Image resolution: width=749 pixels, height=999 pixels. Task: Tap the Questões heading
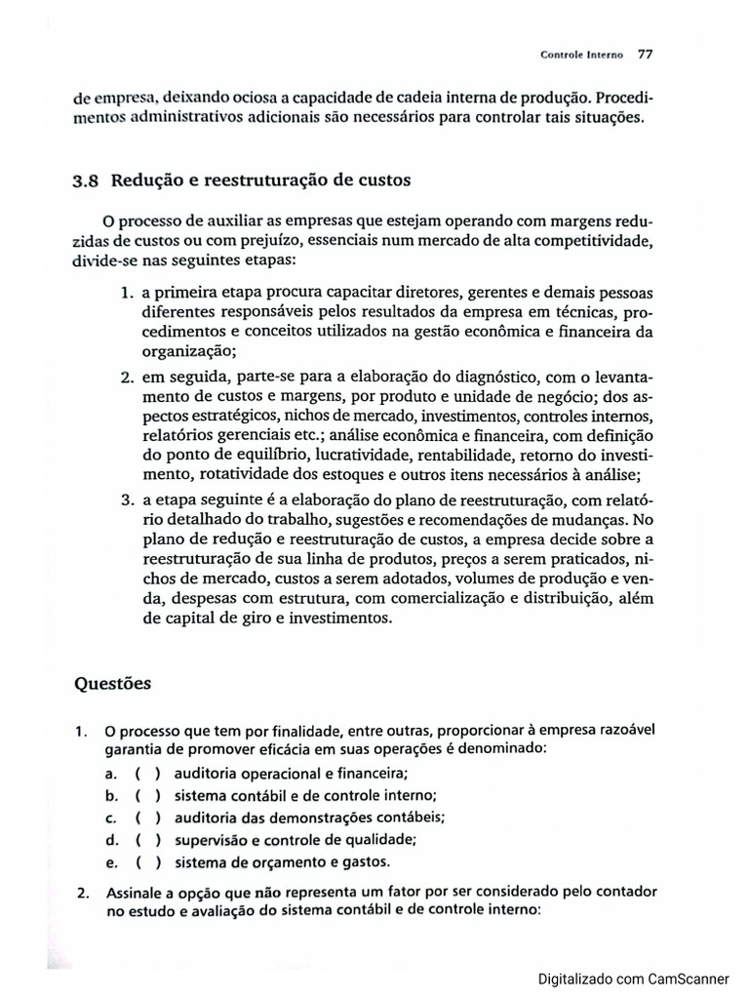(x=112, y=683)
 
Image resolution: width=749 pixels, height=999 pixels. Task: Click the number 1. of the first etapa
(x=127, y=293)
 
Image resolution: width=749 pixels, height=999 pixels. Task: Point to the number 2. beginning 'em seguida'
(x=127, y=377)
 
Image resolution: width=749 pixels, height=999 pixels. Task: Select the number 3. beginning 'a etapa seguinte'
(x=127, y=499)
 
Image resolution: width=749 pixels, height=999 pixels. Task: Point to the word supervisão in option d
(x=208, y=840)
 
